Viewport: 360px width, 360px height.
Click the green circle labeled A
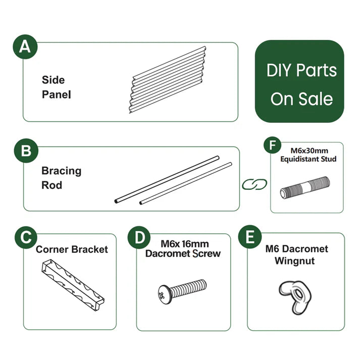[x=25, y=46]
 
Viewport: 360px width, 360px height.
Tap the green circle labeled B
[x=26, y=150]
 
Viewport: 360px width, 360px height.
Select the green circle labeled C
[x=26, y=237]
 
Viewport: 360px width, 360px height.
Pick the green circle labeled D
[x=139, y=237]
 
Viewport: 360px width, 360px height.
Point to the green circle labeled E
[x=250, y=237]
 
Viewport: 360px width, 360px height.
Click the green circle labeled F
[x=273, y=145]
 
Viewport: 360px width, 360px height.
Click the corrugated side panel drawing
[x=168, y=80]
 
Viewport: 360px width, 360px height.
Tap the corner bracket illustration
[x=73, y=285]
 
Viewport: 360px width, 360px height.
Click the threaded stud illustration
[x=305, y=187]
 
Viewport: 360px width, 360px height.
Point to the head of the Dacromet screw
[x=165, y=294]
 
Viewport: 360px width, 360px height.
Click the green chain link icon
[x=254, y=184]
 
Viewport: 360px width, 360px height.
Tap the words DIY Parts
[x=301, y=70]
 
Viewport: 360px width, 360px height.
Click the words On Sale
[x=301, y=99]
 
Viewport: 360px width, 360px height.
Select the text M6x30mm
[x=310, y=150]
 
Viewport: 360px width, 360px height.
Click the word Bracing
[x=61, y=171]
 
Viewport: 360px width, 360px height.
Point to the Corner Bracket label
[x=72, y=249]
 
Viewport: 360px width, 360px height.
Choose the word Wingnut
[x=294, y=261]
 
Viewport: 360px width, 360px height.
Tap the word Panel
[x=56, y=94]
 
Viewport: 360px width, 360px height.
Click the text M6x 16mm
[x=185, y=244]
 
